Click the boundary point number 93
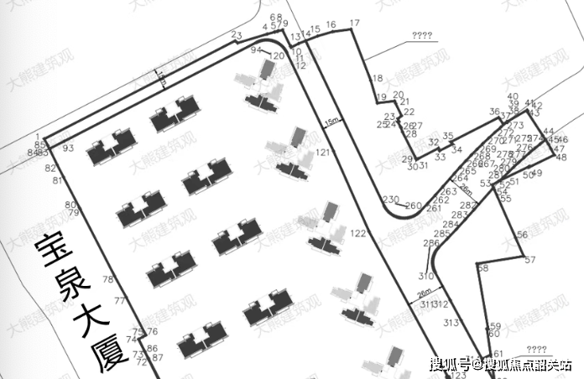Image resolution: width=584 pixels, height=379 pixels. (68, 148)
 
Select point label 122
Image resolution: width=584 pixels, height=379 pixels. (359, 232)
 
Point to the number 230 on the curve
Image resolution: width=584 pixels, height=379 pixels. (390, 200)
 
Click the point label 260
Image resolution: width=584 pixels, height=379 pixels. (414, 205)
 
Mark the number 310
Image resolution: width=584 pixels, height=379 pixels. (426, 276)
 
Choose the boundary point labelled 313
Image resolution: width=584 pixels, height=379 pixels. (451, 323)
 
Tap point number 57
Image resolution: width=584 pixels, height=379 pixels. (529, 261)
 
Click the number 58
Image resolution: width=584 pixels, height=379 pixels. (482, 268)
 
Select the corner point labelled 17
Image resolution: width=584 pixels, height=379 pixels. (354, 23)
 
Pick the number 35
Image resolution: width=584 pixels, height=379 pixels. (448, 136)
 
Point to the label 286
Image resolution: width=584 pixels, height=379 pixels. (430, 243)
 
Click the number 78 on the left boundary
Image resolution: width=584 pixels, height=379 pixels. (107, 279)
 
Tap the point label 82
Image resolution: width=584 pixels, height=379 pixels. (50, 169)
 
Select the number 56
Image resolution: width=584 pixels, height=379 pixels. (522, 234)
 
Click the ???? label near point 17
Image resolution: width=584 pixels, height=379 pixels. (422, 35)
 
